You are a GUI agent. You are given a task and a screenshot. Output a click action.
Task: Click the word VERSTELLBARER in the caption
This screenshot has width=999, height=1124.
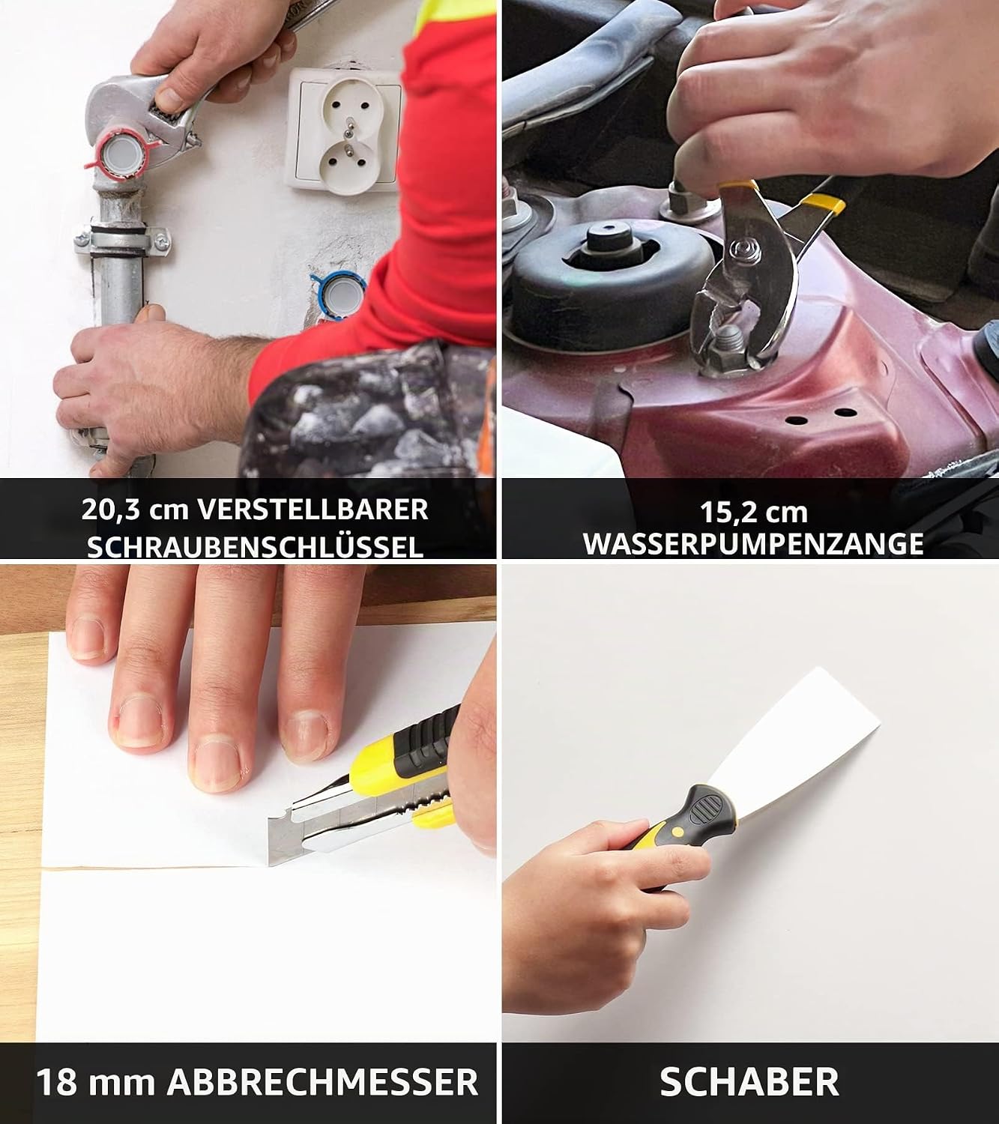click(313, 510)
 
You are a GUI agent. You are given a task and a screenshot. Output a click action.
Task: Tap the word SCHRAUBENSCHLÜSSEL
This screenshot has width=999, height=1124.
click(256, 546)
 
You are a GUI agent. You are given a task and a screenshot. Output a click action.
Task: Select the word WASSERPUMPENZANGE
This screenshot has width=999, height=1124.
click(753, 544)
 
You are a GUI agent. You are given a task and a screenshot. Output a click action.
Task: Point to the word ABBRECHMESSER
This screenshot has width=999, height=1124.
click(322, 1081)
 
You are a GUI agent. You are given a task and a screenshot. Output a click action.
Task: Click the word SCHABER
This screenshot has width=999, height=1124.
click(749, 1081)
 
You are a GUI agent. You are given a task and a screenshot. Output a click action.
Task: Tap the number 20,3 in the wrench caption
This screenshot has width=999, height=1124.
click(111, 510)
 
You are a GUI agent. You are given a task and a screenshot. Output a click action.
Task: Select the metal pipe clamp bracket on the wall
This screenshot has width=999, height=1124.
click(121, 240)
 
